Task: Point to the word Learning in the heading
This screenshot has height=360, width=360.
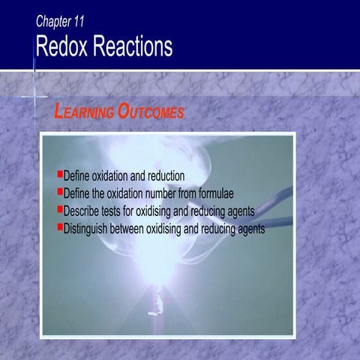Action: [83, 112]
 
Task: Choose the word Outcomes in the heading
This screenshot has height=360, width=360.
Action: [150, 112]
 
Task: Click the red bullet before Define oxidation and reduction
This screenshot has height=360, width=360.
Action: [60, 174]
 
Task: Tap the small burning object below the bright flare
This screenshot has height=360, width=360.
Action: [159, 301]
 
